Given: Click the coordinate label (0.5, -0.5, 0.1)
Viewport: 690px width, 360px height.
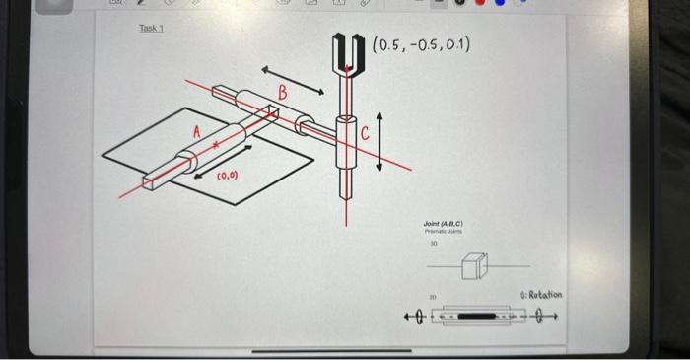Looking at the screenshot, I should click(x=421, y=44).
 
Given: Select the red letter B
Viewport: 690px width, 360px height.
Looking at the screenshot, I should click(x=283, y=94).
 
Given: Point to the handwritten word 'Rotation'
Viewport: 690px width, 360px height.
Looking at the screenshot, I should click(x=542, y=295).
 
